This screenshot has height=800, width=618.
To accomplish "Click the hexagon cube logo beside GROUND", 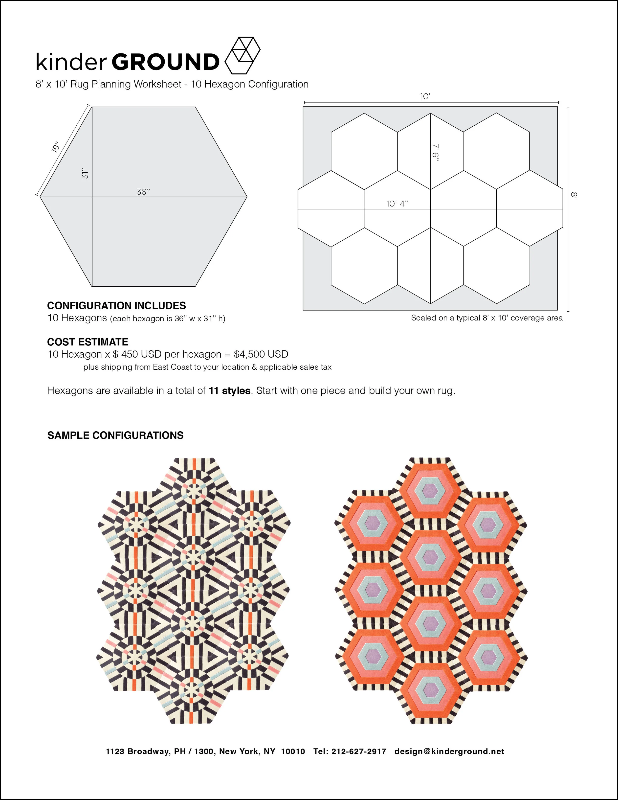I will tap(242, 55).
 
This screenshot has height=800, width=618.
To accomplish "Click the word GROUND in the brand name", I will tap(165, 62).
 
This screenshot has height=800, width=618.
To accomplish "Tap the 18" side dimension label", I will tap(56, 147).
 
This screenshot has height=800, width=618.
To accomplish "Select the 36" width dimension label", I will tap(143, 192).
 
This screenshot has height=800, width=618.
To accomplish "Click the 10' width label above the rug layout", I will tap(425, 96).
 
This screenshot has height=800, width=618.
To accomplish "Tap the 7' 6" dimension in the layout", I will tap(435, 152).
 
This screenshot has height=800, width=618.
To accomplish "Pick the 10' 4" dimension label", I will tap(397, 204).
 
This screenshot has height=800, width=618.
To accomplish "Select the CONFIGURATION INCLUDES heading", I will tap(116, 305).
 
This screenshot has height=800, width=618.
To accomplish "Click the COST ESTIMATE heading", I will tap(88, 342).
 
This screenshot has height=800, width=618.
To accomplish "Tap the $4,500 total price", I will tap(261, 354).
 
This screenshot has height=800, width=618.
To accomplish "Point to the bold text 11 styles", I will tap(230, 391).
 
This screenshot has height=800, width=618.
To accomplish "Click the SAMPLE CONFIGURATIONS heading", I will tap(115, 435).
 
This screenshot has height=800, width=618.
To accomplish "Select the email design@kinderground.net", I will tap(449, 751).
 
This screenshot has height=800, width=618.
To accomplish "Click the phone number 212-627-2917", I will tap(358, 751).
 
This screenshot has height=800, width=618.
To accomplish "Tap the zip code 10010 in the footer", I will tap(293, 751).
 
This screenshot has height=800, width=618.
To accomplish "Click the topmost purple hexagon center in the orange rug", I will tap(431, 489).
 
